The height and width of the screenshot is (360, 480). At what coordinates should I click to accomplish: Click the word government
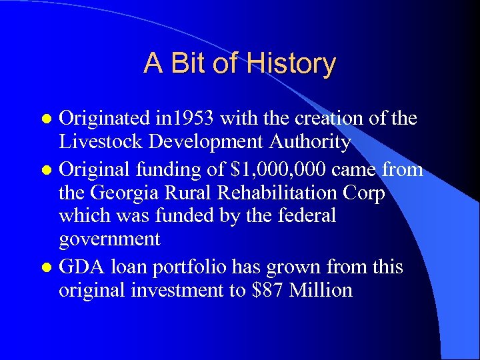109,239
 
